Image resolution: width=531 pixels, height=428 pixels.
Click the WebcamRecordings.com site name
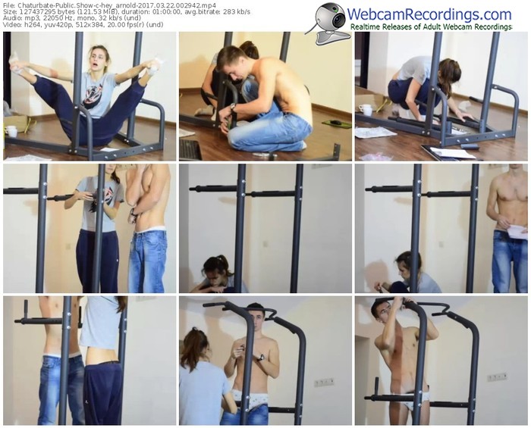pyautogui.click(x=429, y=14)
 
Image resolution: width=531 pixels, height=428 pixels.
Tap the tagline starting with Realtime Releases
pyautogui.click(x=431, y=27)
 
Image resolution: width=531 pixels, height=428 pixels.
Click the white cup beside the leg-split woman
pyautogui.click(x=11, y=131)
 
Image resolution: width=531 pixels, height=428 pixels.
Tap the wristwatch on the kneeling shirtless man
pyautogui.click(x=233, y=107)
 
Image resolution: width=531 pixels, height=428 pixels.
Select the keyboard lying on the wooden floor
pyautogui.click(x=190, y=149)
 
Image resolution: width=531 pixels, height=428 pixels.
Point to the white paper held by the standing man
pyautogui.click(x=517, y=231)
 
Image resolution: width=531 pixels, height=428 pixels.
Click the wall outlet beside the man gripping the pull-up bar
pyautogui.click(x=497, y=376)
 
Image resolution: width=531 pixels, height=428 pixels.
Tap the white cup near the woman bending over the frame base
pyautogui.click(x=365, y=110)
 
